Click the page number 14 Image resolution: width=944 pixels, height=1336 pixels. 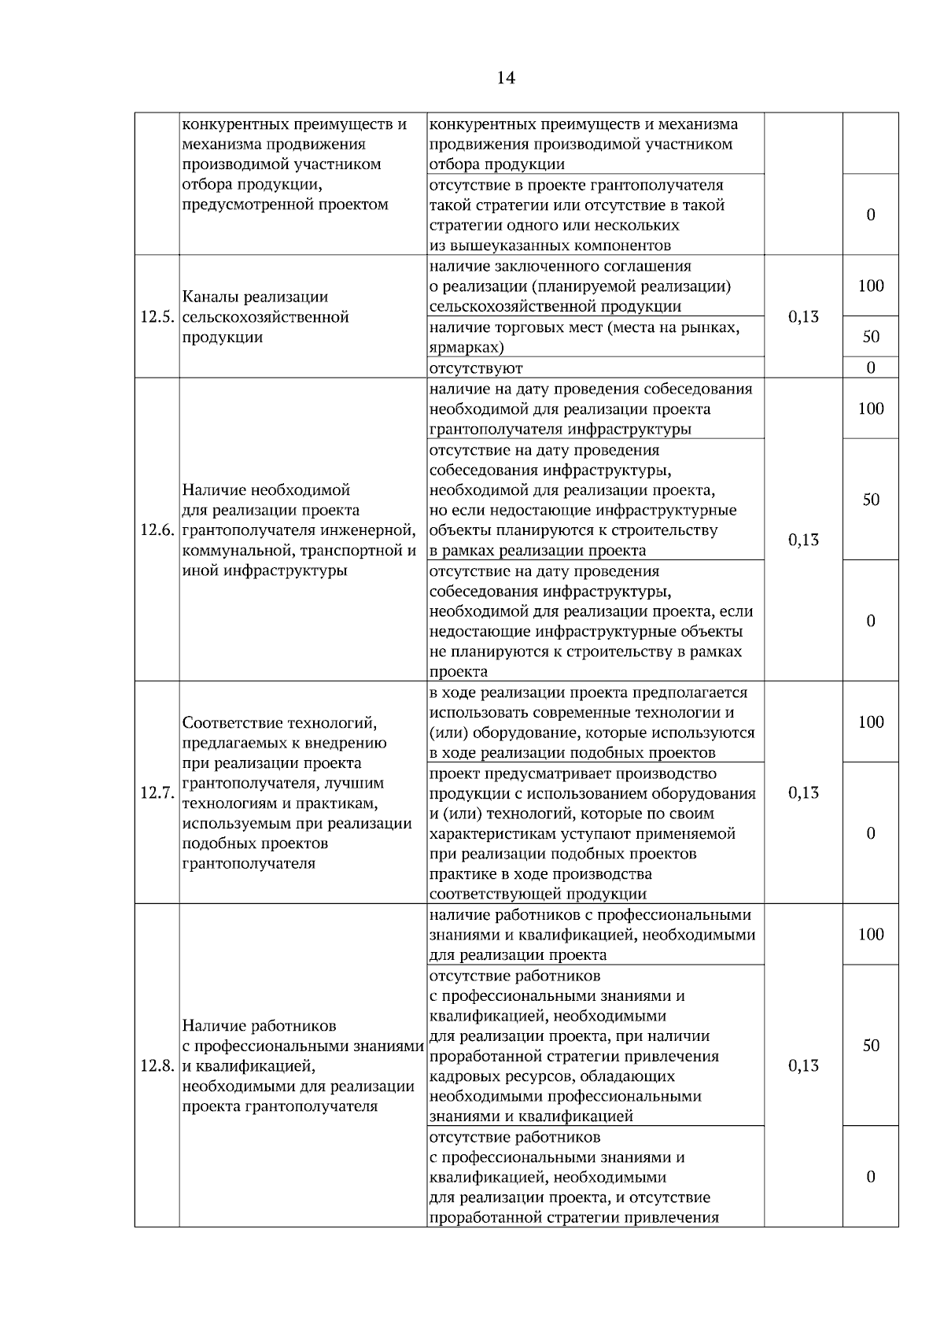(x=506, y=78)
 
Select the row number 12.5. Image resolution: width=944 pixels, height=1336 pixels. (x=156, y=318)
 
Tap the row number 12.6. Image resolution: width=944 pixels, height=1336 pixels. (x=156, y=530)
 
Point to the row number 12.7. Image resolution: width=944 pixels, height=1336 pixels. (x=156, y=793)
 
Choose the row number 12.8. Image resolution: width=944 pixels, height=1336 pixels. (x=156, y=1066)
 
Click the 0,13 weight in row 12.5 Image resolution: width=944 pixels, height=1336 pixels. (x=803, y=317)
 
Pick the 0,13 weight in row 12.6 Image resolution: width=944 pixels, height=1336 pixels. (x=803, y=540)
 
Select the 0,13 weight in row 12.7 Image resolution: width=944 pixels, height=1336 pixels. (x=803, y=793)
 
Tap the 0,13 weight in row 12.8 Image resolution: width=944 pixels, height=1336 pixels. (x=803, y=1066)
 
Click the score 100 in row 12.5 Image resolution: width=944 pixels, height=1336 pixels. (x=871, y=286)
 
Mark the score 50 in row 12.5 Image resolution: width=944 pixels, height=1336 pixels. (x=871, y=338)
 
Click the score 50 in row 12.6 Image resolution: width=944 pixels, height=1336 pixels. (x=871, y=500)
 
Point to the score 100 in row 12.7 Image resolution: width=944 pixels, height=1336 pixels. (x=871, y=722)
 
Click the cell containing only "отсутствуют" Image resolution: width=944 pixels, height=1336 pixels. (x=476, y=368)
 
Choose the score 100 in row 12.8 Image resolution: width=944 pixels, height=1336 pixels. (x=871, y=935)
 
